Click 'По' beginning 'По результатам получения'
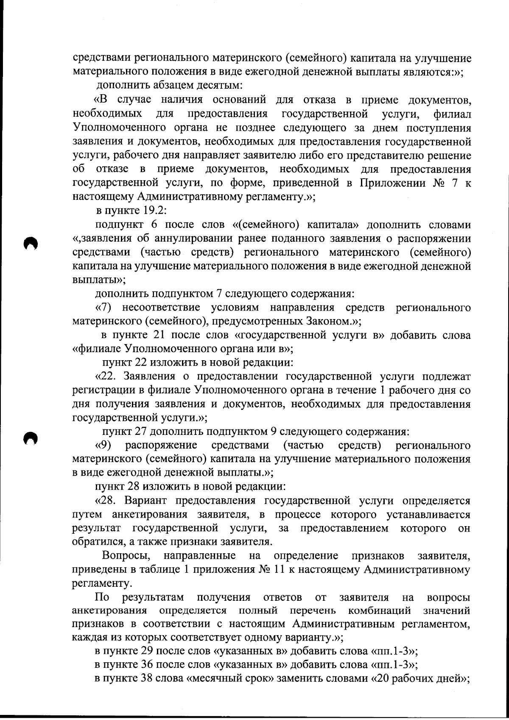102,598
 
